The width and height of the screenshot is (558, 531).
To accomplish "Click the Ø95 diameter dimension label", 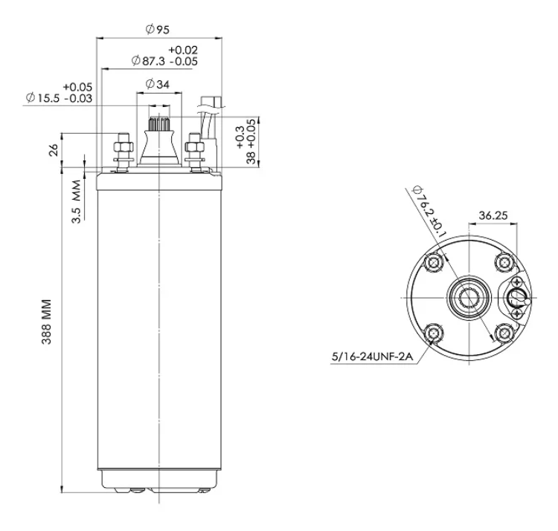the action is click(157, 29).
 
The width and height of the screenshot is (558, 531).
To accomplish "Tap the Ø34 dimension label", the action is click(157, 84).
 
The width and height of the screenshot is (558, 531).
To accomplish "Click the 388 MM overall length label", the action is click(47, 322).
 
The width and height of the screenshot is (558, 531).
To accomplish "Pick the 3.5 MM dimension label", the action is click(77, 202).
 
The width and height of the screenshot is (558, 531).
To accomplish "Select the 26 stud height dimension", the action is click(54, 150).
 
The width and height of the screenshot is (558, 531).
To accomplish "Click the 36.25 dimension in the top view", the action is click(493, 215).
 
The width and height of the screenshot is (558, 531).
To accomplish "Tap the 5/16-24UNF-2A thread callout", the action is click(372, 356).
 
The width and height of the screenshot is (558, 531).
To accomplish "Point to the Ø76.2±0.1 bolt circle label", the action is click(429, 211).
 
